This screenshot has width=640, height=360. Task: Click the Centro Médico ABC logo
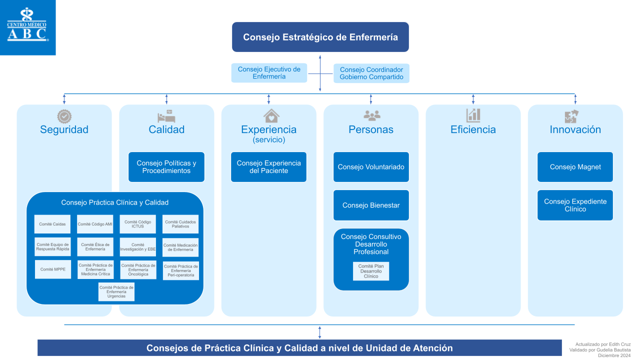(27, 27)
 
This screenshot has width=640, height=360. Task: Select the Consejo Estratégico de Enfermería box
(320, 37)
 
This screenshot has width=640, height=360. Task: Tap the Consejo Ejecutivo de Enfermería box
(269, 73)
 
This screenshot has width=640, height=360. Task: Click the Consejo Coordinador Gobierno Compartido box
(371, 73)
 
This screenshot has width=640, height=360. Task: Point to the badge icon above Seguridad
(64, 116)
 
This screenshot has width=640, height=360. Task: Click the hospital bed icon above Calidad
(166, 116)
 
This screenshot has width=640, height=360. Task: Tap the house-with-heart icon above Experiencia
(271, 116)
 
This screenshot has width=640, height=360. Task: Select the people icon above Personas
(371, 116)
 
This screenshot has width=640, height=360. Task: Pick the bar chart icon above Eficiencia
(473, 116)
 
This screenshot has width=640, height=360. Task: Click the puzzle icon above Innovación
(571, 116)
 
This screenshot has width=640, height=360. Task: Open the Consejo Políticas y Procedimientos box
(166, 167)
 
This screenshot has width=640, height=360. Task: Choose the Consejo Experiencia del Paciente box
(268, 167)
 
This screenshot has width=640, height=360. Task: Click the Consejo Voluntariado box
(371, 167)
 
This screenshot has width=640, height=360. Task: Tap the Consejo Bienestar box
(371, 205)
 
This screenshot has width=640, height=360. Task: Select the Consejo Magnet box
(575, 167)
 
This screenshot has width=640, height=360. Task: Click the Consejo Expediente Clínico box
(575, 205)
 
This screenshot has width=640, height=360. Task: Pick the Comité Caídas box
(52, 224)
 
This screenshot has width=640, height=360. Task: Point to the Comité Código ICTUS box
(138, 224)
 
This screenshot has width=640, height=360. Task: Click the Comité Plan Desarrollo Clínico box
(371, 271)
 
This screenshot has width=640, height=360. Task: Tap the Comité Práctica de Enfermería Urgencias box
(116, 292)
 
